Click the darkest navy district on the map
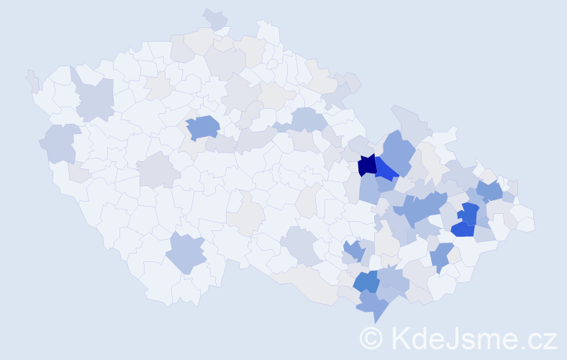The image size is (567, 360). pyautogui.click(x=367, y=165)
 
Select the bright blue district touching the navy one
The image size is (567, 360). pyautogui.click(x=386, y=171)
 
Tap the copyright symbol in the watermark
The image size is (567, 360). pyautogui.click(x=371, y=337)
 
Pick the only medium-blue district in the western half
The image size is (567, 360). pyautogui.click(x=203, y=127)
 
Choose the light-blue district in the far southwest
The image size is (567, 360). pyautogui.click(x=187, y=253)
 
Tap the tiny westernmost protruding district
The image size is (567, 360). pyautogui.click(x=32, y=79)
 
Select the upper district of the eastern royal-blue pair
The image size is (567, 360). pyautogui.click(x=470, y=213)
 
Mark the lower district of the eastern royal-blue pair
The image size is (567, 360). pyautogui.click(x=463, y=229)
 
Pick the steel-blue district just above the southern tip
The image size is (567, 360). pyautogui.click(x=366, y=281)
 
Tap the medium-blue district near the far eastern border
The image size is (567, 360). pyautogui.click(x=489, y=191)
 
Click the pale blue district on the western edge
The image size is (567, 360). pyautogui.click(x=60, y=142)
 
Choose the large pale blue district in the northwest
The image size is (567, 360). pyautogui.click(x=95, y=99)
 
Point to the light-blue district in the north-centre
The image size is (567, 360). pyautogui.click(x=307, y=120)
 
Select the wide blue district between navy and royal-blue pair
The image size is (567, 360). pyautogui.click(x=425, y=209)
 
